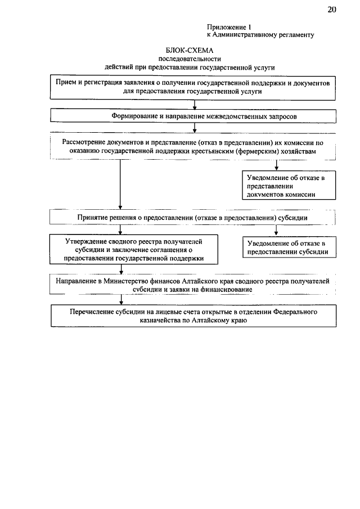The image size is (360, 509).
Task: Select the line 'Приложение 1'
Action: [228, 26]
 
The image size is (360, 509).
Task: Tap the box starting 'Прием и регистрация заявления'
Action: [193, 87]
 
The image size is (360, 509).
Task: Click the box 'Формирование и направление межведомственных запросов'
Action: [193, 116]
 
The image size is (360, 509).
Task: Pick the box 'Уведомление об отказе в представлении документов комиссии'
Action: [285, 186]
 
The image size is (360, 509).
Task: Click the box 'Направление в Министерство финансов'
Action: [193, 285]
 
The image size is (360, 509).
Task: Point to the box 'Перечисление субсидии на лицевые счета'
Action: [193, 316]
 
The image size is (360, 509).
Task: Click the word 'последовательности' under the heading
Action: [190, 58]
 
